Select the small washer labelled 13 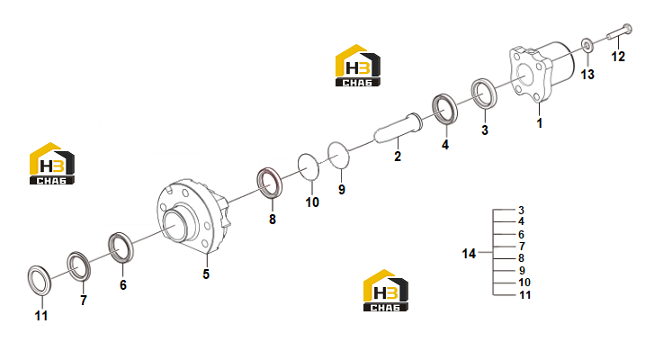[x=587, y=45]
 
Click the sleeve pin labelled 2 [x=398, y=128]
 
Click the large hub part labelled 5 [x=193, y=216]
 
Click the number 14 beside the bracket [x=469, y=254]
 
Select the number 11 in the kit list [x=524, y=295]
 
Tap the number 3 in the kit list [x=522, y=211]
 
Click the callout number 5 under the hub [x=206, y=274]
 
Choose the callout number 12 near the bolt [x=618, y=57]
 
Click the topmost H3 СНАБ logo [x=358, y=66]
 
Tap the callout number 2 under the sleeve [x=398, y=156]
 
